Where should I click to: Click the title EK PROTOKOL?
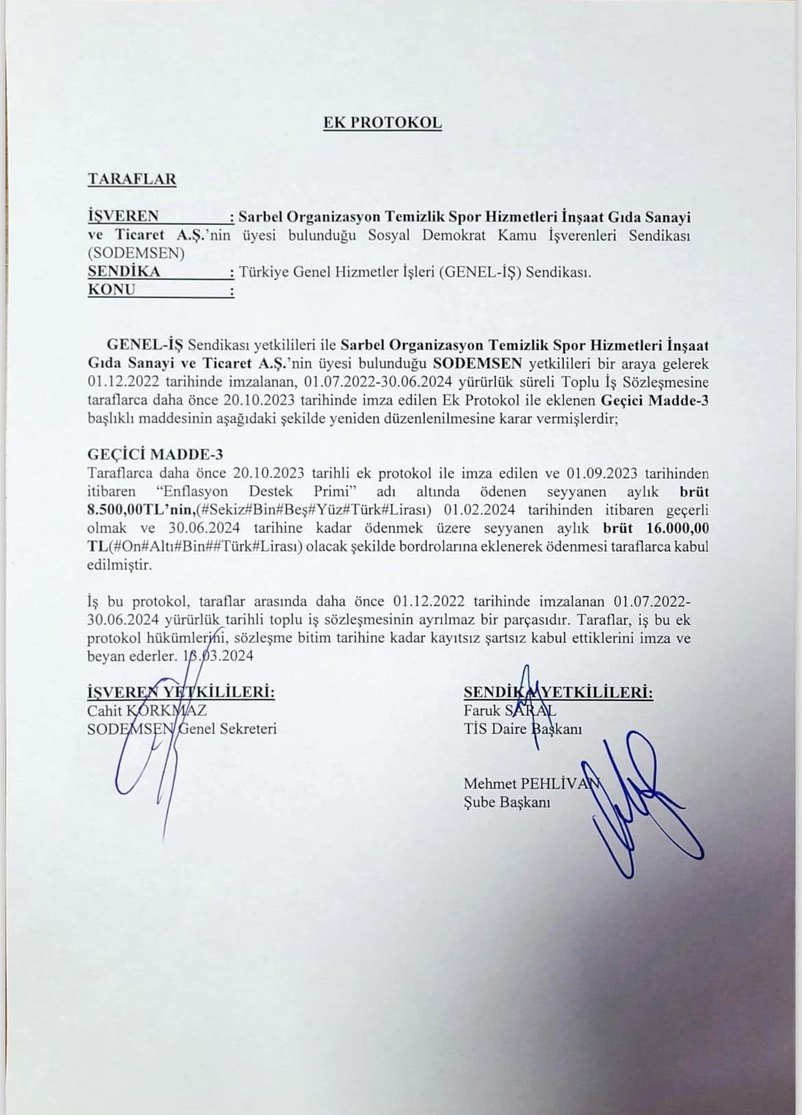click(x=382, y=123)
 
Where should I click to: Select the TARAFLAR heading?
click(x=132, y=179)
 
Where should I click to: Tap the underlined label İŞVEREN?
click(x=123, y=217)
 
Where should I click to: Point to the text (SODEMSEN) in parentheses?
click(x=136, y=253)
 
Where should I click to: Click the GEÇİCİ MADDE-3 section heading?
click(x=156, y=454)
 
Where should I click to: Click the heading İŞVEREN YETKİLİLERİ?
click(x=182, y=692)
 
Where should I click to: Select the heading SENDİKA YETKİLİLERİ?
click(x=558, y=692)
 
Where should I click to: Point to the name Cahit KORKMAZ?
click(x=147, y=711)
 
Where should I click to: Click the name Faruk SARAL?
click(x=510, y=711)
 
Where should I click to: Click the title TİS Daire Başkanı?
click(x=522, y=729)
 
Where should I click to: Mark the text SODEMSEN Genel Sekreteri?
click(x=182, y=729)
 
